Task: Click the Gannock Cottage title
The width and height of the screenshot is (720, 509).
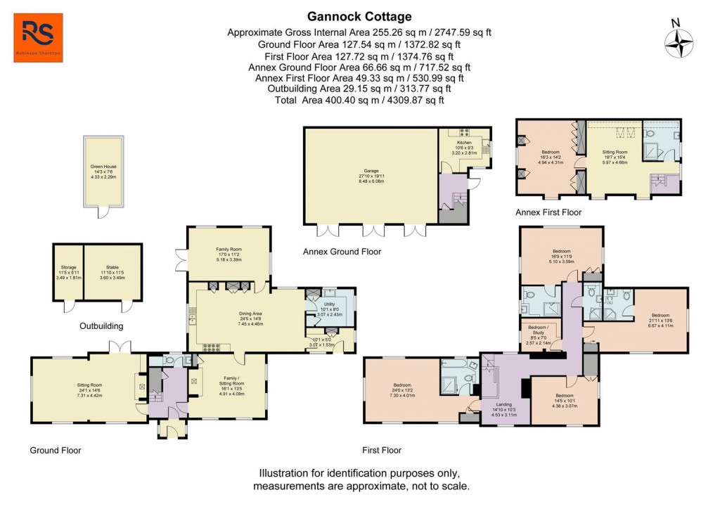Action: coord(359,16)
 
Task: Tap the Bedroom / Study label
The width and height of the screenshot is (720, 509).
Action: coord(544,330)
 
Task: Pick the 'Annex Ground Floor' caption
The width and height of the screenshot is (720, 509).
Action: coord(342,251)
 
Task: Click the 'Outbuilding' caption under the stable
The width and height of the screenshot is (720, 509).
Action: coord(102,326)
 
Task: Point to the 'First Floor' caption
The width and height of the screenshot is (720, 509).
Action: coord(382,450)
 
